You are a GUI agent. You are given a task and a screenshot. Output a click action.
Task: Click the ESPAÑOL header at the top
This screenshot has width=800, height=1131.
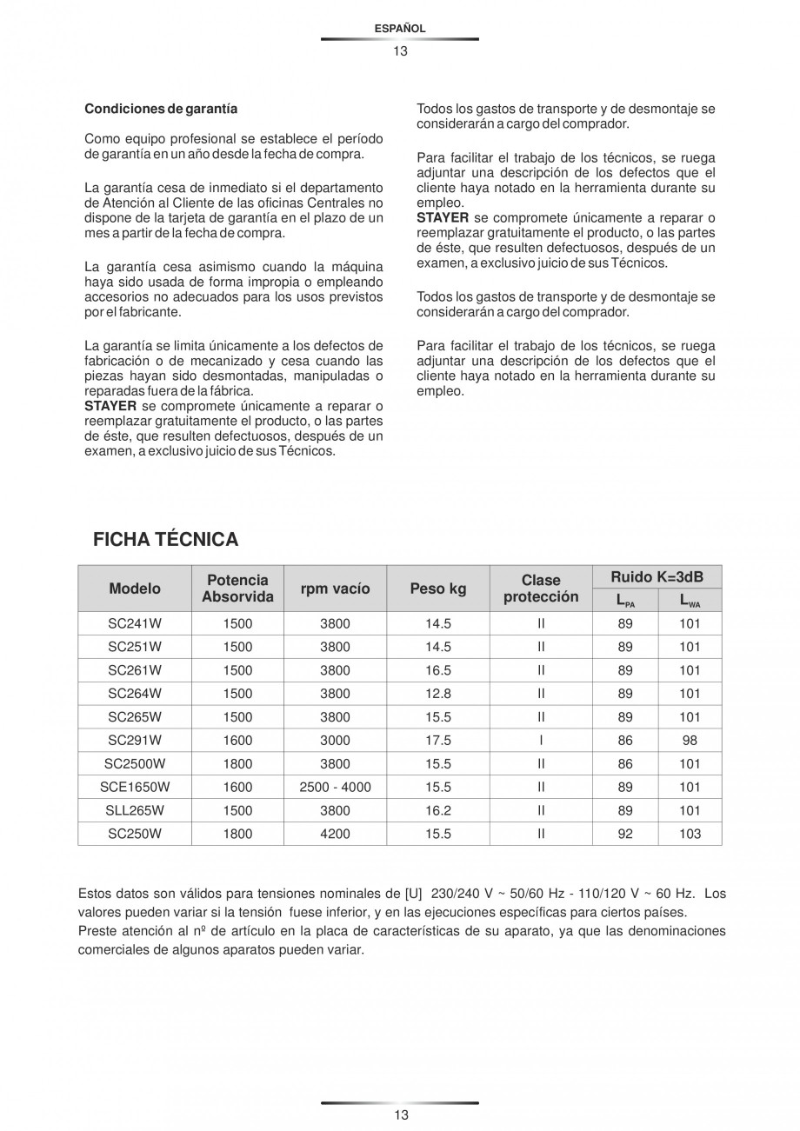pos(399,29)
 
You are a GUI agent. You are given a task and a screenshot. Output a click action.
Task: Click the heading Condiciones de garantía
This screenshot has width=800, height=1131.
pos(161,110)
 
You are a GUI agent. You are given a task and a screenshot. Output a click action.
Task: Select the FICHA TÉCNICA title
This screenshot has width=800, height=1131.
pos(165,540)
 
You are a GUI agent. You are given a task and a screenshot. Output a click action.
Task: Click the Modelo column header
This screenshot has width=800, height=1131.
pos(135,589)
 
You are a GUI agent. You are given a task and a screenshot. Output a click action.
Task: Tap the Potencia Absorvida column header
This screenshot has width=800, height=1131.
pos(237,589)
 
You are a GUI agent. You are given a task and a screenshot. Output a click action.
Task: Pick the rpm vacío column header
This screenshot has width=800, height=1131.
pos(335,589)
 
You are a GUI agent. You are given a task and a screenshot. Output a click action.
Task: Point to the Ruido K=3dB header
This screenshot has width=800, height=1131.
pos(657,577)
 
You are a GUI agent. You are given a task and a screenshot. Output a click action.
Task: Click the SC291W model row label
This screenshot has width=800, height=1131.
pos(135,741)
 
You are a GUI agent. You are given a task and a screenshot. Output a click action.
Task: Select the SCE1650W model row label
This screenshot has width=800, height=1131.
pos(135,788)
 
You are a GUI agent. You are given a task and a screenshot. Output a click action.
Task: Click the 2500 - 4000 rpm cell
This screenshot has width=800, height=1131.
pos(335,788)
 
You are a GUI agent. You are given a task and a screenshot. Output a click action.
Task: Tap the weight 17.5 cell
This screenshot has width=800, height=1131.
pos(438,741)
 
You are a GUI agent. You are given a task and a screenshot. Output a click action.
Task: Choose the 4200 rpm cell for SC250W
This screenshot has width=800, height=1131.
pos(335,835)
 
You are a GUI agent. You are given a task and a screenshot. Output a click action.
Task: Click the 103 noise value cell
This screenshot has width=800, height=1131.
pos(690,835)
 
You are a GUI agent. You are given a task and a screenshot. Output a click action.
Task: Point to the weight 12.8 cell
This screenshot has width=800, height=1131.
pos(438,694)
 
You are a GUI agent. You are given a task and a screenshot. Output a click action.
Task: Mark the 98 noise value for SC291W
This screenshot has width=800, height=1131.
pos(690,741)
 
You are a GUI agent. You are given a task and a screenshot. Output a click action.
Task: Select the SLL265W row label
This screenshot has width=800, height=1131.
pos(135,811)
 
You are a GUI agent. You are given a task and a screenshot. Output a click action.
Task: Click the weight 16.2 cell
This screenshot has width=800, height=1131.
pos(438,811)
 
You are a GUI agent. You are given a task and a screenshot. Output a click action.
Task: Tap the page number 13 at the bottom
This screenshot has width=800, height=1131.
pos(400,1115)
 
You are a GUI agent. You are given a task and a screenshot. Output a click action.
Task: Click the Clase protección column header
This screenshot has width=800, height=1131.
pos(541,589)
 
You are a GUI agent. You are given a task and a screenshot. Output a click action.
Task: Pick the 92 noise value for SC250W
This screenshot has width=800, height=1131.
pos(625,835)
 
